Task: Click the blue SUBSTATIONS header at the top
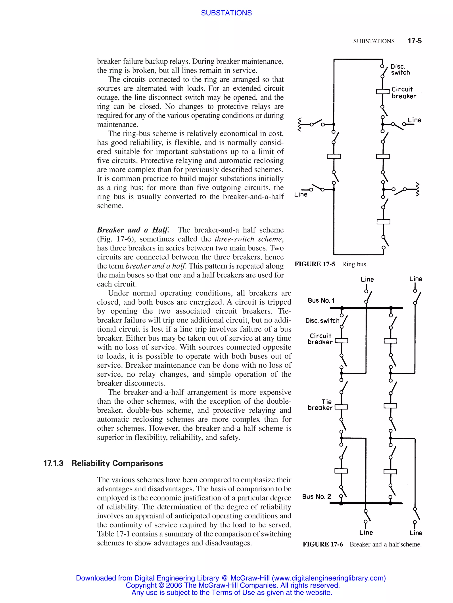[x=226, y=13]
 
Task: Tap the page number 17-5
[x=414, y=41]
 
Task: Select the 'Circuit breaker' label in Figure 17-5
[x=404, y=93]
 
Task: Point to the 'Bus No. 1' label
[x=321, y=300]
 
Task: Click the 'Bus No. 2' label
[x=316, y=496]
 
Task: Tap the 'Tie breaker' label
[x=321, y=405]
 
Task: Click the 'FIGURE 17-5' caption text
[x=315, y=264]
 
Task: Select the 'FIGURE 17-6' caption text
[x=323, y=544]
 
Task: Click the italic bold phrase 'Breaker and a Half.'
[x=133, y=230]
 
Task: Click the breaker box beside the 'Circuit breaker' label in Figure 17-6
[x=342, y=341]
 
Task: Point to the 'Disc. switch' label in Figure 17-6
[x=322, y=321]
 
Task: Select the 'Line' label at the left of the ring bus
[x=301, y=194]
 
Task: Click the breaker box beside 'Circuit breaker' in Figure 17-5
[x=383, y=91]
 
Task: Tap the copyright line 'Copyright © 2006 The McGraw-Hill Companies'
[x=232, y=585]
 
